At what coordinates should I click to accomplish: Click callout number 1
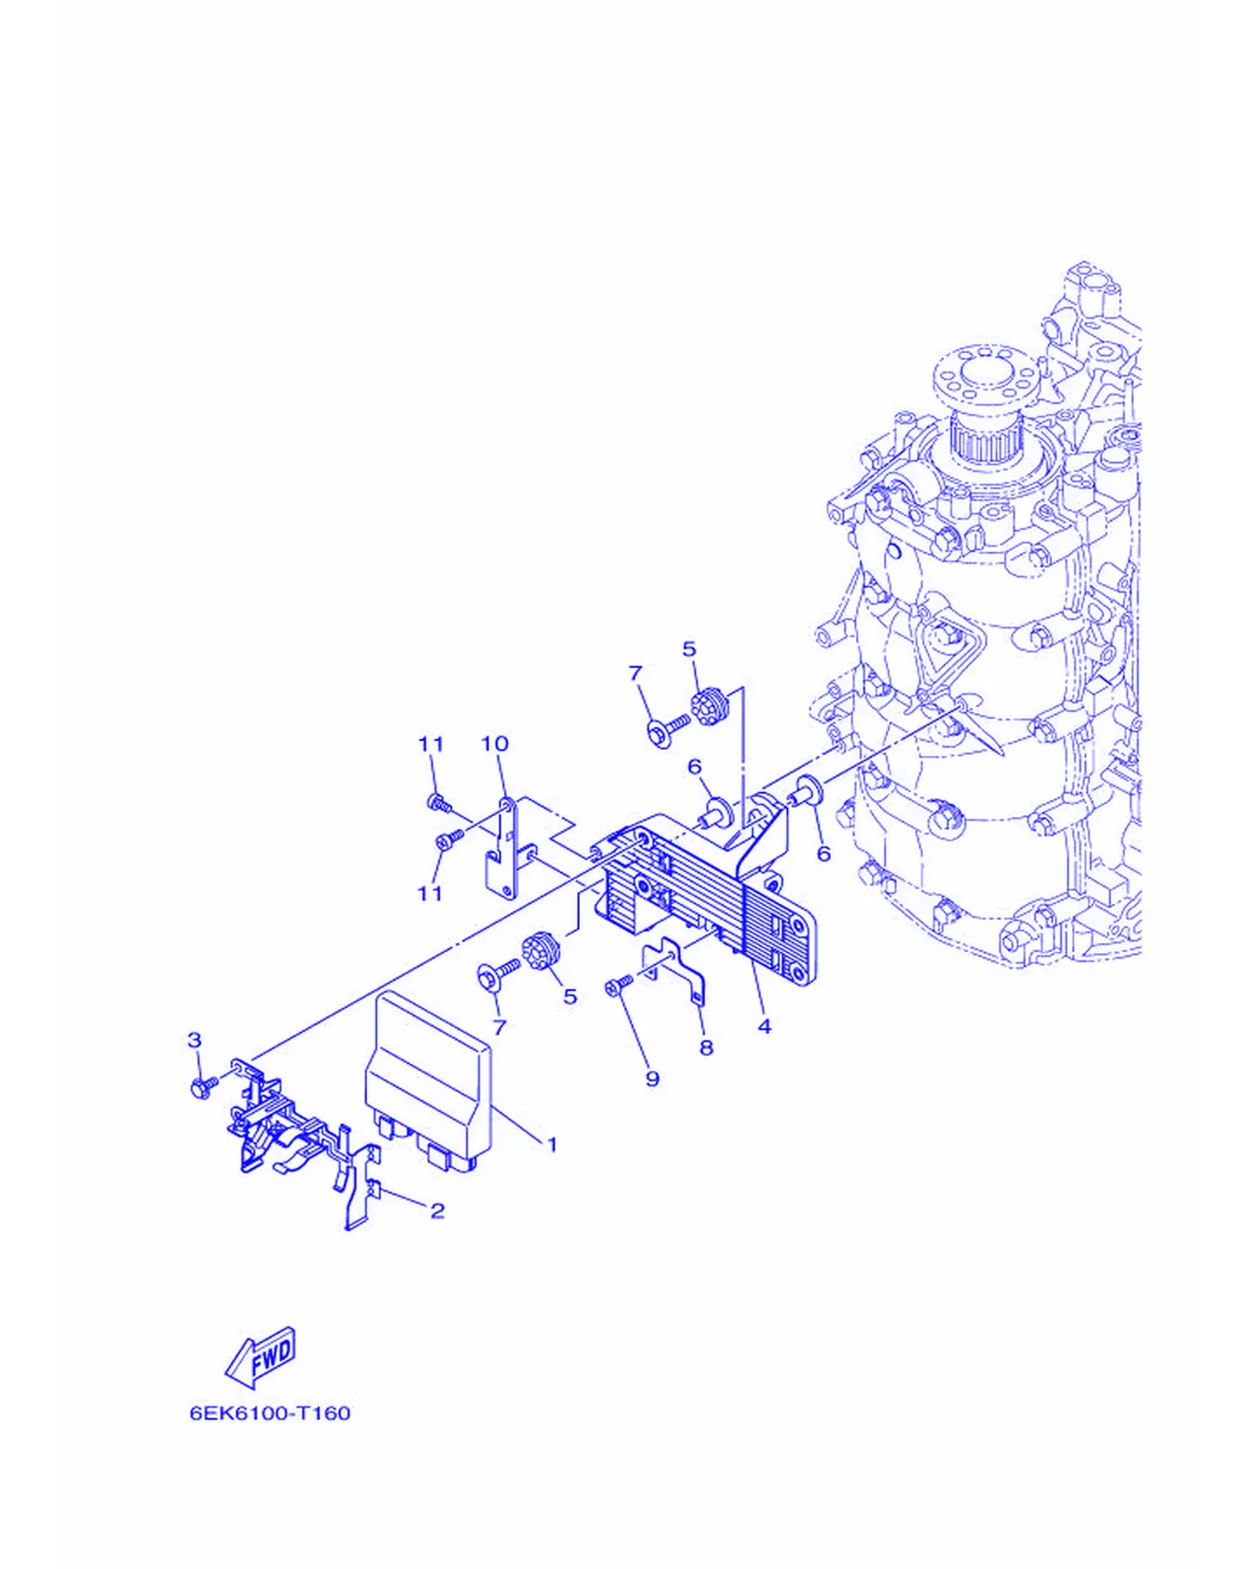[x=552, y=1145]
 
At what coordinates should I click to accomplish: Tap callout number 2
[x=437, y=1211]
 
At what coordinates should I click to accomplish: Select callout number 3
[x=195, y=1040]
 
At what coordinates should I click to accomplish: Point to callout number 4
[x=764, y=1026]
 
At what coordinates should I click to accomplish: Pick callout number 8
[x=706, y=1048]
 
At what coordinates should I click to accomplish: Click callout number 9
[x=652, y=1079]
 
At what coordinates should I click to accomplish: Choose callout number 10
[x=495, y=744]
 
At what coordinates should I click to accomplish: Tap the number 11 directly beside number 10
[x=431, y=744]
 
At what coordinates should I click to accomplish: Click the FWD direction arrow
[x=260, y=1357]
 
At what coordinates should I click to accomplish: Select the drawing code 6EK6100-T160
[x=271, y=1413]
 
